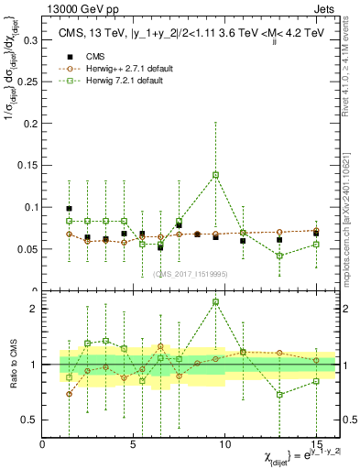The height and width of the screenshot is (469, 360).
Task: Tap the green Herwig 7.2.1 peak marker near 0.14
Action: click(215, 174)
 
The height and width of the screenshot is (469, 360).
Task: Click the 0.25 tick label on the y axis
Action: click(25, 82)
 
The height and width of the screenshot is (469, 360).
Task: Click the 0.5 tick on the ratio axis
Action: click(27, 420)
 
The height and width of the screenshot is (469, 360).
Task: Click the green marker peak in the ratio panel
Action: click(215, 301)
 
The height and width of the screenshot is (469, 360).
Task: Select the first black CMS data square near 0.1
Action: click(70, 209)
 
